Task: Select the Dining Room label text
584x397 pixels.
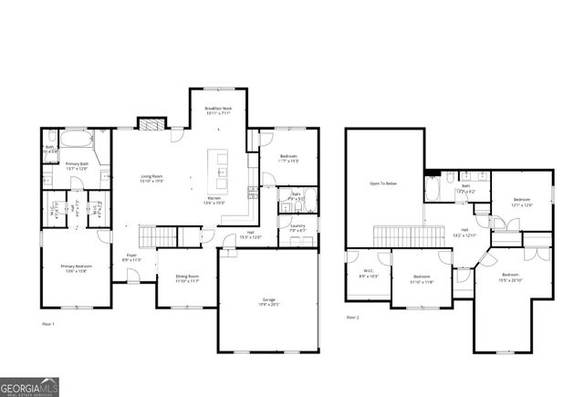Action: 186,278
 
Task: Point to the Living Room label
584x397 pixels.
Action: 152,178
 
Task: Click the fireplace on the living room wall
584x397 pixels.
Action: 149,124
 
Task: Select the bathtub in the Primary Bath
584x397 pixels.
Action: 73,142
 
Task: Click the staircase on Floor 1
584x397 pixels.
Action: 166,236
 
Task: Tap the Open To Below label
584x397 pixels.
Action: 382,183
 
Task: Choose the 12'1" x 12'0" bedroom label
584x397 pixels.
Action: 521,202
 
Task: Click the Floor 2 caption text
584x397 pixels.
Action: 352,317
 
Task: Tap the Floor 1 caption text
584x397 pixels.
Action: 48,324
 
